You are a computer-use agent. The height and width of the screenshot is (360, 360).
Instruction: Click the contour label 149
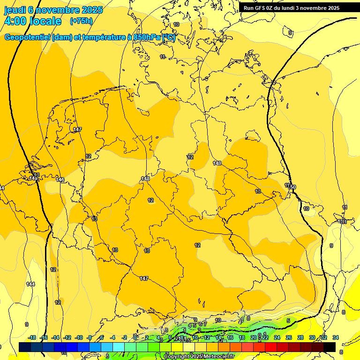[217, 163]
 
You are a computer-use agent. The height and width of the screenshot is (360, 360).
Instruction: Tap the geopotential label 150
[292, 187]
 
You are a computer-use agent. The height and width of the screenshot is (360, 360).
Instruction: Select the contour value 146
[60, 180]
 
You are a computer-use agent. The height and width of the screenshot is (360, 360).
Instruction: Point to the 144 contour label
[30, 284]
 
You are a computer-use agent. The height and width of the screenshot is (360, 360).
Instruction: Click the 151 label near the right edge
[342, 221]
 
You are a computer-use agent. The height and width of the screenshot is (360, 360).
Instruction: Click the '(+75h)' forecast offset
[81, 21]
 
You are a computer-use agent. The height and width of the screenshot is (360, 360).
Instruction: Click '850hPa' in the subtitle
[147, 37]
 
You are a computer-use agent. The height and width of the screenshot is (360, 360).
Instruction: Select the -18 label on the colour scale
[32, 337]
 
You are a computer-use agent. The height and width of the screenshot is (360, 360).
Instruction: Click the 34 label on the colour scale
[336, 337]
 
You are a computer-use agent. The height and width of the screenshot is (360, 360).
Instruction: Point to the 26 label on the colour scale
[288, 337]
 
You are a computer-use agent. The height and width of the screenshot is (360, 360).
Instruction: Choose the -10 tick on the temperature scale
[79, 337]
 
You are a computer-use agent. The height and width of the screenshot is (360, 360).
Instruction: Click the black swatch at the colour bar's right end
[330, 347]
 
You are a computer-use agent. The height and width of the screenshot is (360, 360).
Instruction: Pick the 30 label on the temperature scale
[312, 337]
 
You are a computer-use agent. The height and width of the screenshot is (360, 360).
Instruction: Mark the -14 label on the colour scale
[56, 337]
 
